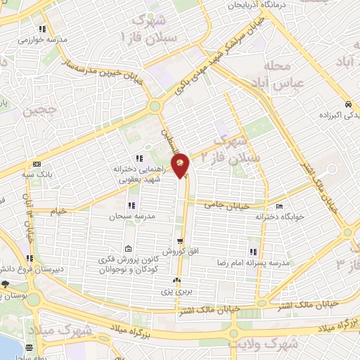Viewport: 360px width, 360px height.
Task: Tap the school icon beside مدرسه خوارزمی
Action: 42,30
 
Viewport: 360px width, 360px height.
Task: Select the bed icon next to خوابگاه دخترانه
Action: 279,207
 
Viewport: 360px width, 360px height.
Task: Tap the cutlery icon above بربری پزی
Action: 175,281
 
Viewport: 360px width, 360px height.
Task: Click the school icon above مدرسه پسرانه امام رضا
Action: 252,252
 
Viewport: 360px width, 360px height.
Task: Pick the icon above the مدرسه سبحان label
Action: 131,205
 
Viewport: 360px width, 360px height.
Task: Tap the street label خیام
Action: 58,210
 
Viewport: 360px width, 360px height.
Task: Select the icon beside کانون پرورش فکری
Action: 128,249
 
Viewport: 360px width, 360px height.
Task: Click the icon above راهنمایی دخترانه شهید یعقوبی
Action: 139,157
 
